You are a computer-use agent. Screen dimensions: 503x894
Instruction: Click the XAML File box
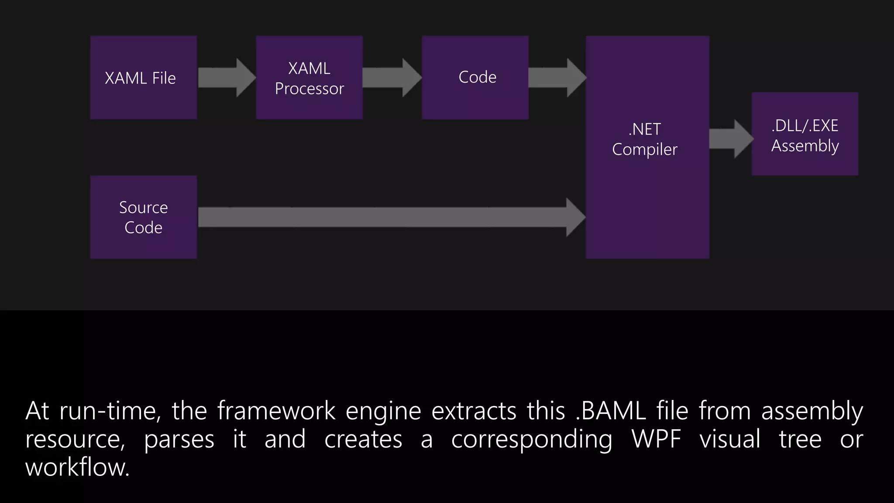tap(143, 78)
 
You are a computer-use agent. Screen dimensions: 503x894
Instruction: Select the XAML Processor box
tap(309, 78)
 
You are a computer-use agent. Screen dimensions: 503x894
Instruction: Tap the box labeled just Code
tap(475, 78)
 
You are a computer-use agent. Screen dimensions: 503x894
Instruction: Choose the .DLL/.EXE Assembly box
tap(805, 134)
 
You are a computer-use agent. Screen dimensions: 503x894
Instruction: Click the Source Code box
tap(143, 217)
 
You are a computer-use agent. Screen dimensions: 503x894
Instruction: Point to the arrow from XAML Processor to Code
tap(391, 78)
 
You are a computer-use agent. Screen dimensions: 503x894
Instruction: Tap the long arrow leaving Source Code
tap(389, 217)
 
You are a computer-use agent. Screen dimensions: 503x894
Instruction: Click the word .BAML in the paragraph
tap(611, 411)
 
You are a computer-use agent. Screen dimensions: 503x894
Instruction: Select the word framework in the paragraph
tap(276, 411)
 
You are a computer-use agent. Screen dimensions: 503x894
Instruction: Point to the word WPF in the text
tap(656, 439)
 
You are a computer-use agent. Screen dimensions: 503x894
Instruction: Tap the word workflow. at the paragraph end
tap(77, 467)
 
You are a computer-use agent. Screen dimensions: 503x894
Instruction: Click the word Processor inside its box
tap(309, 89)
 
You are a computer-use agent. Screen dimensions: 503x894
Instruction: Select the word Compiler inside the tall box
tap(644, 150)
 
